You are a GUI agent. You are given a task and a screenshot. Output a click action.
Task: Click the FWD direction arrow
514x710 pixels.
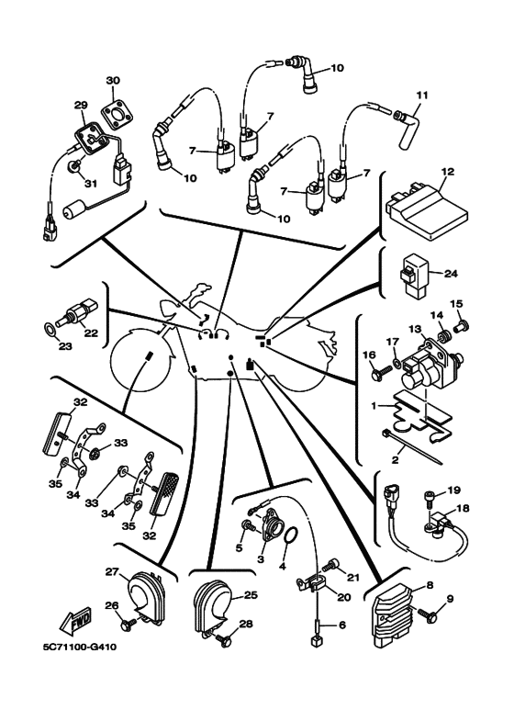[x=75, y=620]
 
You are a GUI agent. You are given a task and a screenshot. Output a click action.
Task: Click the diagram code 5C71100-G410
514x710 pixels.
[x=79, y=647]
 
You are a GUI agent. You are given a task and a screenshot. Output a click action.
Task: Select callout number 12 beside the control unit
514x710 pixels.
[x=448, y=172]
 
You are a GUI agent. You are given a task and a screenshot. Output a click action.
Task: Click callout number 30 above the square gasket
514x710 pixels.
[x=113, y=80]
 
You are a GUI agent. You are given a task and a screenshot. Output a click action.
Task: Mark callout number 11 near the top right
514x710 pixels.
[x=422, y=96]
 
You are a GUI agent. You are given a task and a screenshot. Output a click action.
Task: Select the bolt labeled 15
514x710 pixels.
[x=462, y=324]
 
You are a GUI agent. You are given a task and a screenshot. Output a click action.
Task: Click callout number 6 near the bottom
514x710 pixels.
[x=342, y=625]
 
